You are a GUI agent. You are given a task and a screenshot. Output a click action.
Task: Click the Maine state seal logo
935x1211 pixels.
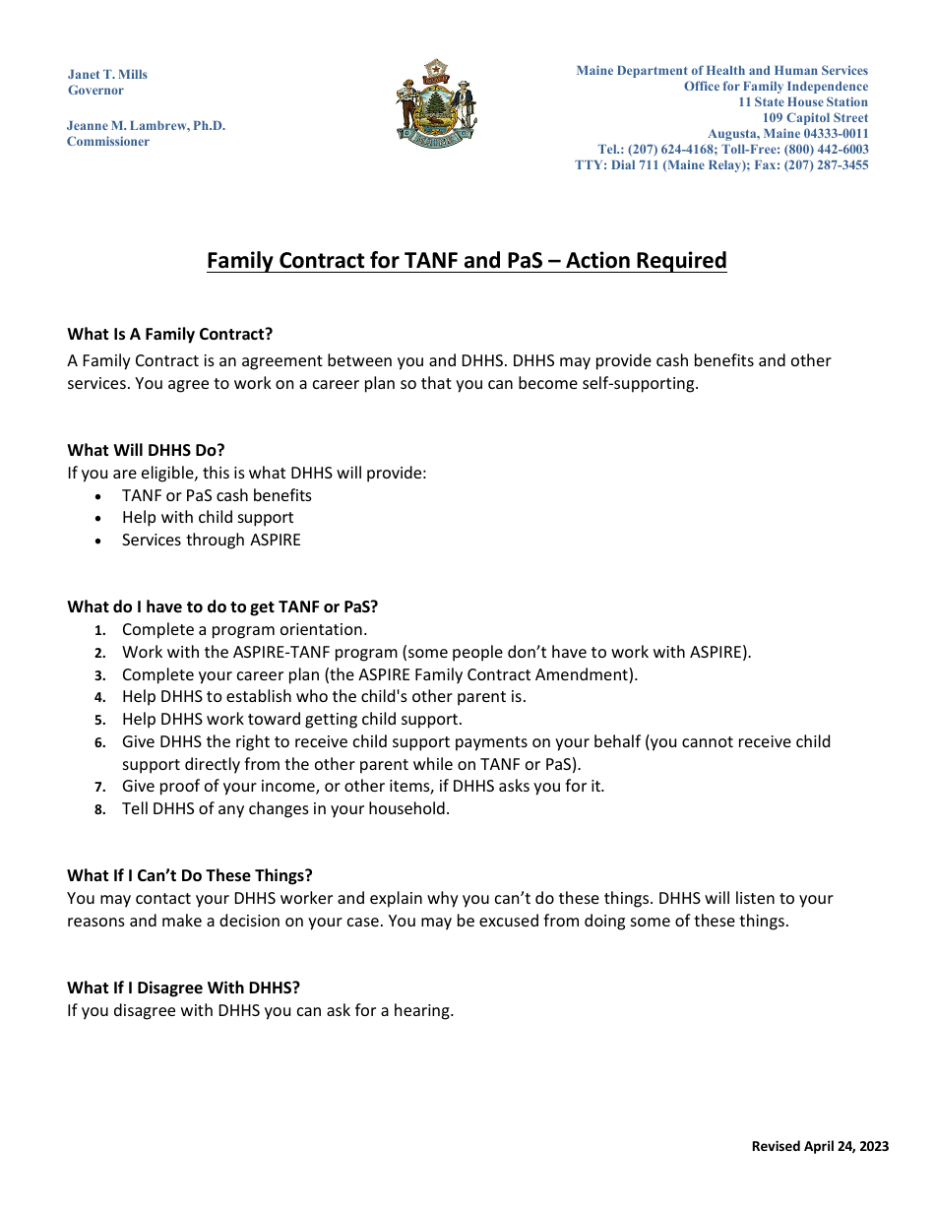click(436, 103)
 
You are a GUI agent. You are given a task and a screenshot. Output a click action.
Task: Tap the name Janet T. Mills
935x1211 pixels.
click(107, 75)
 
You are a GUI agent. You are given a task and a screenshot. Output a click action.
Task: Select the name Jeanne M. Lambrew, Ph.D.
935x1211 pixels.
click(146, 126)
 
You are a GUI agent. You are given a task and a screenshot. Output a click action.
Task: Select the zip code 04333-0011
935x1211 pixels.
click(836, 134)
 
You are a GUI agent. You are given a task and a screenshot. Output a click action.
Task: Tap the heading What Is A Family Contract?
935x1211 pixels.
click(169, 334)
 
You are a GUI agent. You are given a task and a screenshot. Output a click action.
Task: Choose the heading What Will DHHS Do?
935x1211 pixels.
click(146, 450)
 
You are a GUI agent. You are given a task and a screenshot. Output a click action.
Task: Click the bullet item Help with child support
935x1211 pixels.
click(208, 517)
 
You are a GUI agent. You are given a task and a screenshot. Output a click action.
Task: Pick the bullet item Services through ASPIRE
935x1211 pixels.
click(211, 540)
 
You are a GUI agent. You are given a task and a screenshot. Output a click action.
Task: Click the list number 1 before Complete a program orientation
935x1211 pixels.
click(99, 630)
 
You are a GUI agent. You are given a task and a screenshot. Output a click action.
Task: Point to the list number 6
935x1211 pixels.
click(99, 742)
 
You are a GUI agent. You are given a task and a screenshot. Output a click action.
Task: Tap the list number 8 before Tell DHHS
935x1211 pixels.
click(99, 809)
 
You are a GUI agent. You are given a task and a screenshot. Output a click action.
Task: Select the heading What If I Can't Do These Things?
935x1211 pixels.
click(189, 875)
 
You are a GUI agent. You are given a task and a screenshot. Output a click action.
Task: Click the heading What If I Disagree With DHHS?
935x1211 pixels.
click(183, 988)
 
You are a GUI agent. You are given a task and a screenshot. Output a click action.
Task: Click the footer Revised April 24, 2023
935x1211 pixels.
click(820, 1146)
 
